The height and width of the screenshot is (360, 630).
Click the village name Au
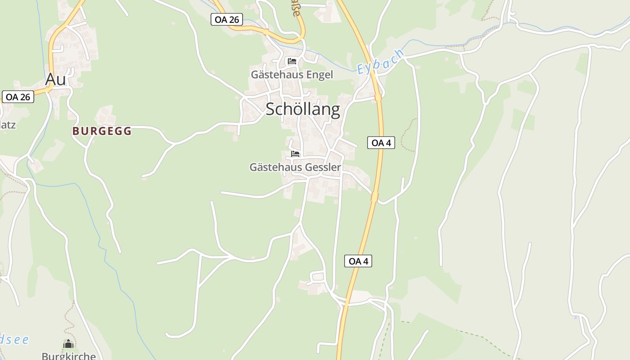56,79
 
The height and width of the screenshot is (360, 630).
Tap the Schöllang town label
302,109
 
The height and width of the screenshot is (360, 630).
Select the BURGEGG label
102,131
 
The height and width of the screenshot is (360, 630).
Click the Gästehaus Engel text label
292,75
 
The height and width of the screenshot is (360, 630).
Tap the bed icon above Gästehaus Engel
292,61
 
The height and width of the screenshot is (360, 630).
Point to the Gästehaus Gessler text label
295,167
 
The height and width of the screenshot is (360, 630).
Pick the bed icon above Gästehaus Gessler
295,154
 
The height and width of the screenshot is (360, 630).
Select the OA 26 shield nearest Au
18,97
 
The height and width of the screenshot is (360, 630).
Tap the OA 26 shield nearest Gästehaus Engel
227,19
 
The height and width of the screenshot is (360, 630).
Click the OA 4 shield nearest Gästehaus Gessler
381,143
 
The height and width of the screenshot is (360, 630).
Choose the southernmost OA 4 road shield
358,261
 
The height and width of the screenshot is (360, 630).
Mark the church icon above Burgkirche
68,344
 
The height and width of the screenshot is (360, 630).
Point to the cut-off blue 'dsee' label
14,339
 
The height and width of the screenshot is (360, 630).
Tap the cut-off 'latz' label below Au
8,124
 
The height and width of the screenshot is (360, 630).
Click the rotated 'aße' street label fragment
295,9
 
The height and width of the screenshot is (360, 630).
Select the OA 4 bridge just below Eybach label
378,97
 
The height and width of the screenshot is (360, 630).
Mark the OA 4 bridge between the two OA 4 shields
374,197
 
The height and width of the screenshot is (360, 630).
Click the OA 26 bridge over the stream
266,32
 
